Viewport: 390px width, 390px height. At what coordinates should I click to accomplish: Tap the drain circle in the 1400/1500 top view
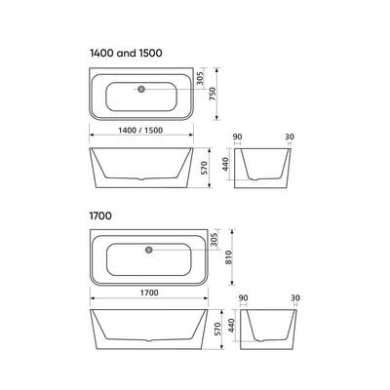coord(143,90)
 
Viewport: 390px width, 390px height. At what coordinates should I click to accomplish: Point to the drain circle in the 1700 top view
coord(148,250)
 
